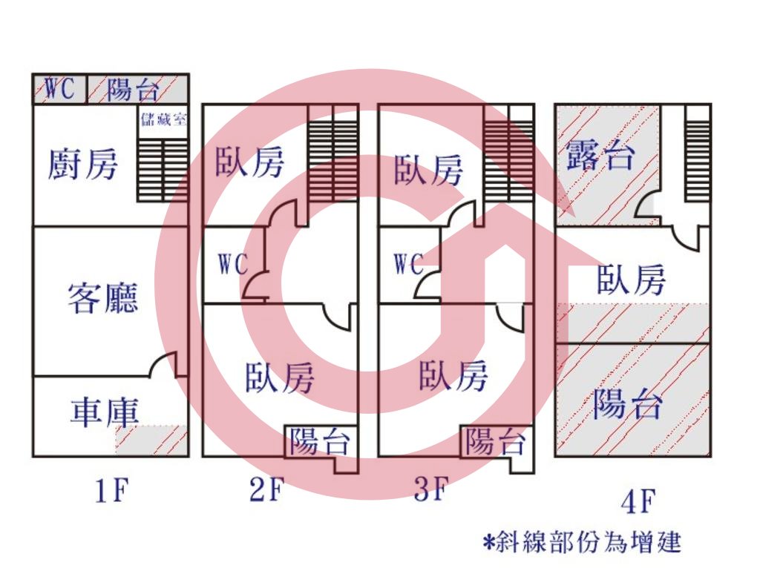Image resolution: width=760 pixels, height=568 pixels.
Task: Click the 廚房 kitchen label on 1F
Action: tap(82, 165)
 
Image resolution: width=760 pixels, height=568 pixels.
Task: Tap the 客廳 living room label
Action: tap(102, 298)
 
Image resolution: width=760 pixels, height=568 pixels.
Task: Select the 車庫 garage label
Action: tap(105, 413)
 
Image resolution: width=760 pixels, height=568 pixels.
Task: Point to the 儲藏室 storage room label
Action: tap(163, 119)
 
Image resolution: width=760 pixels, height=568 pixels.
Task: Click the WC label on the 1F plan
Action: tap(59, 88)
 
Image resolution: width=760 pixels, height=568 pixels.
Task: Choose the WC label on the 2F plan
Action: tap(232, 264)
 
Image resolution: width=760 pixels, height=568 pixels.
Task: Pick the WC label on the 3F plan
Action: tap(409, 264)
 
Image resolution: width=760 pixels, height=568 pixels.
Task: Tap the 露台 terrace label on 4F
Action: tap(600, 155)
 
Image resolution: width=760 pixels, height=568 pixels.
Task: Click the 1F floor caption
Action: tap(112, 491)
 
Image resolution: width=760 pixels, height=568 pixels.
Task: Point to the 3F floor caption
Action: tap(430, 489)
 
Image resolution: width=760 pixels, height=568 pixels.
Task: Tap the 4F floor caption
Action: tap(638, 501)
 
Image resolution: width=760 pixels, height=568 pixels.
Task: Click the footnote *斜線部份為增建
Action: tap(582, 542)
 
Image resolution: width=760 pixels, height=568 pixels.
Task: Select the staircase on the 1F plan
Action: tap(163, 170)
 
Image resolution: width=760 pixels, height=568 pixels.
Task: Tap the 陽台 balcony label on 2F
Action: tap(320, 441)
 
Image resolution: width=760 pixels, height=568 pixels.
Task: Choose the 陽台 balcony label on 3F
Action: tap(496, 441)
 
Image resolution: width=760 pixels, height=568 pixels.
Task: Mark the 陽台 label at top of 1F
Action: tap(133, 89)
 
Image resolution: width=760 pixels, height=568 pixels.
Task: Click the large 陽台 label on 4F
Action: tap(628, 403)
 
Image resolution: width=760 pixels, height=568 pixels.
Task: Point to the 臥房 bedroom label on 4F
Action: tap(631, 280)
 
